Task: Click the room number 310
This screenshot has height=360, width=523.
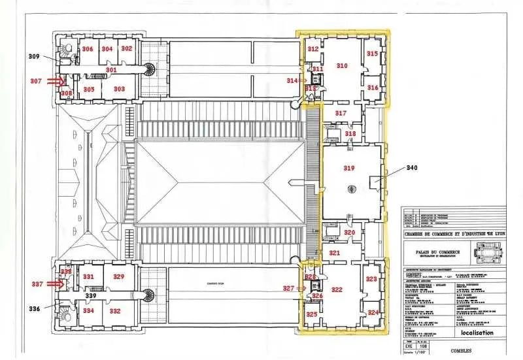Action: tap(341, 65)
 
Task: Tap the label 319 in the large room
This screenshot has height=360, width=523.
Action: tap(349, 168)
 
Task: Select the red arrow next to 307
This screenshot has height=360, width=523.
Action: tap(59, 82)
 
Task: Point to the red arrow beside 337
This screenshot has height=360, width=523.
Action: tap(59, 284)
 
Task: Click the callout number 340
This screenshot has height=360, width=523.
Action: tap(411, 167)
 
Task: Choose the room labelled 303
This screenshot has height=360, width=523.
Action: tap(119, 89)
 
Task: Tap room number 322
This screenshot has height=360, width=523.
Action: tap(337, 289)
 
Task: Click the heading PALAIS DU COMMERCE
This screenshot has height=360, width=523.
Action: tap(437, 252)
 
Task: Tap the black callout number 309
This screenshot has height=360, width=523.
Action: tap(34, 57)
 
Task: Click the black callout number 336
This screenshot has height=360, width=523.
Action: tap(34, 308)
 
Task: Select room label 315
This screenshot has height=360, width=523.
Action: tap(371, 54)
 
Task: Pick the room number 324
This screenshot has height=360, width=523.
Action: tap(373, 313)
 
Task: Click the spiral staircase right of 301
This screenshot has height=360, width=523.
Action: tap(150, 69)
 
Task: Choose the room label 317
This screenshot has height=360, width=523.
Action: tap(341, 113)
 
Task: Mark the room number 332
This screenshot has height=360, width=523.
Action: tap(115, 311)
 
